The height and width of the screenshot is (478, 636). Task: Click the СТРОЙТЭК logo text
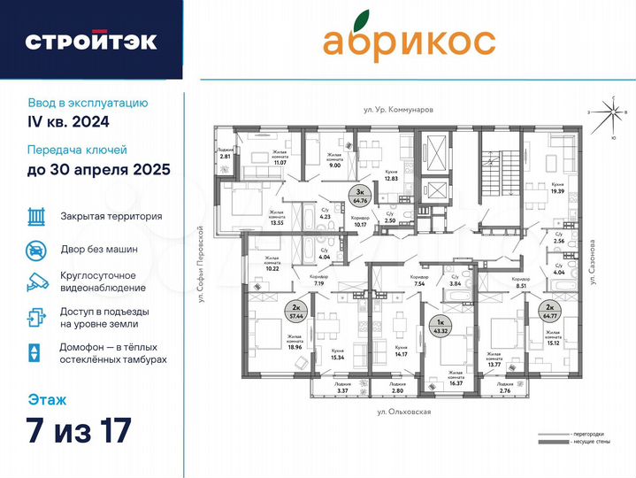click(91, 41)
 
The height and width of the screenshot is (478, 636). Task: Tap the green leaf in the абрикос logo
click(359, 20)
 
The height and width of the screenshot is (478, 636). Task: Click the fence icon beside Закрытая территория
click(36, 215)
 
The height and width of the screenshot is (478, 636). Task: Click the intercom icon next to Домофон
click(34, 352)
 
